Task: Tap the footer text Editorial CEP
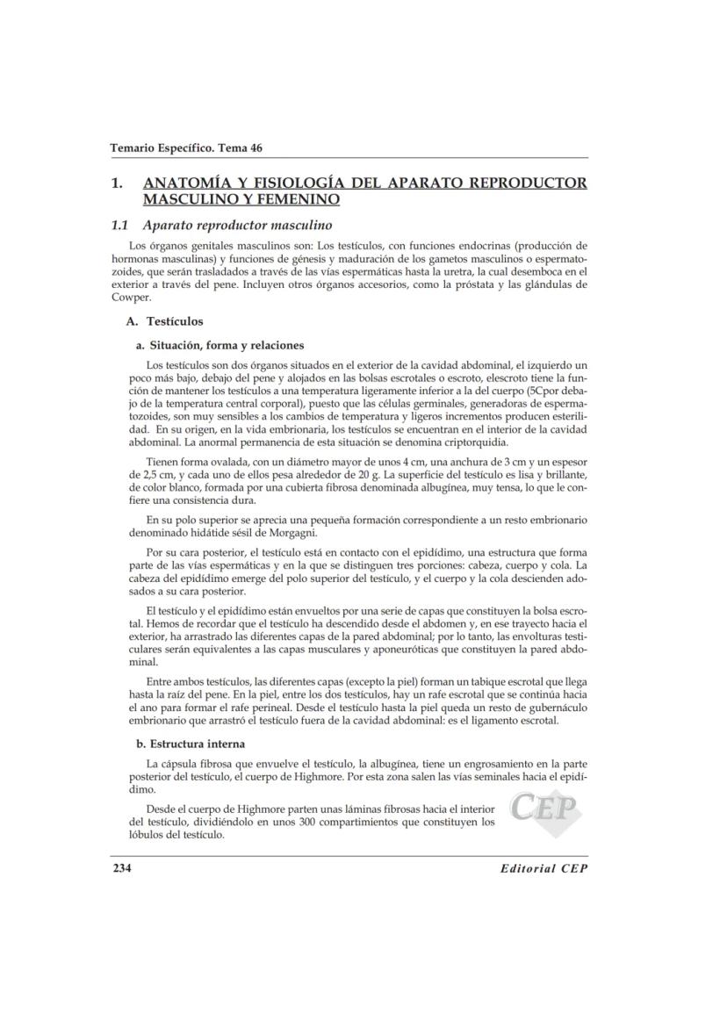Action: click(x=543, y=869)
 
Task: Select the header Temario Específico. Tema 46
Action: click(x=186, y=147)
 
